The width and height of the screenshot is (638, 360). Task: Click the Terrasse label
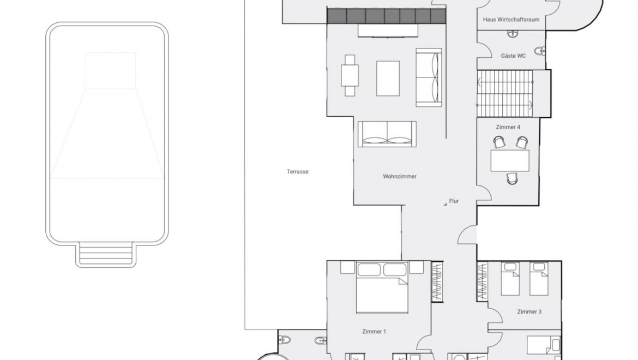tap(297, 172)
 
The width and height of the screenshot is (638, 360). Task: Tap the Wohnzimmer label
tap(400, 176)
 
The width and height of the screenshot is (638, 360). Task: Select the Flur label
tap(454, 201)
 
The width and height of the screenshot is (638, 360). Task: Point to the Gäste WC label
tap(513, 56)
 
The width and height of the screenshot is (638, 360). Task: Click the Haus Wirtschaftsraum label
tap(511, 20)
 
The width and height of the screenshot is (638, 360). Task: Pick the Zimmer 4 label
tap(508, 127)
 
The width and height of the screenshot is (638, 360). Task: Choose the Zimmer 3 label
tap(529, 311)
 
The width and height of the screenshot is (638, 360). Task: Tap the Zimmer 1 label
tap(374, 332)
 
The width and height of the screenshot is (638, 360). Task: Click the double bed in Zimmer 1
tap(382, 287)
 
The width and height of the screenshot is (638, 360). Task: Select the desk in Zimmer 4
tap(510, 160)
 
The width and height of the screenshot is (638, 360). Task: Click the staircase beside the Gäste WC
tap(505, 93)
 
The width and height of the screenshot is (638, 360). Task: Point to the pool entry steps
tap(106, 255)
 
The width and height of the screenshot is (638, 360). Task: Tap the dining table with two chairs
tap(350, 75)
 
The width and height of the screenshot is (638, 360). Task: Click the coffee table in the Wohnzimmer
tap(388, 79)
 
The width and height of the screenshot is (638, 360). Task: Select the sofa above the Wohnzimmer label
tap(387, 134)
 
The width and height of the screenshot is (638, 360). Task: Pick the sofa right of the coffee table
tap(429, 77)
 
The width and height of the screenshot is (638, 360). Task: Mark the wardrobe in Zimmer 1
tap(437, 281)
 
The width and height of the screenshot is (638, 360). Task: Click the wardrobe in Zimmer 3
tap(482, 281)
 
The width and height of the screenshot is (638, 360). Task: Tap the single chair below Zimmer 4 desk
tap(512, 178)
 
